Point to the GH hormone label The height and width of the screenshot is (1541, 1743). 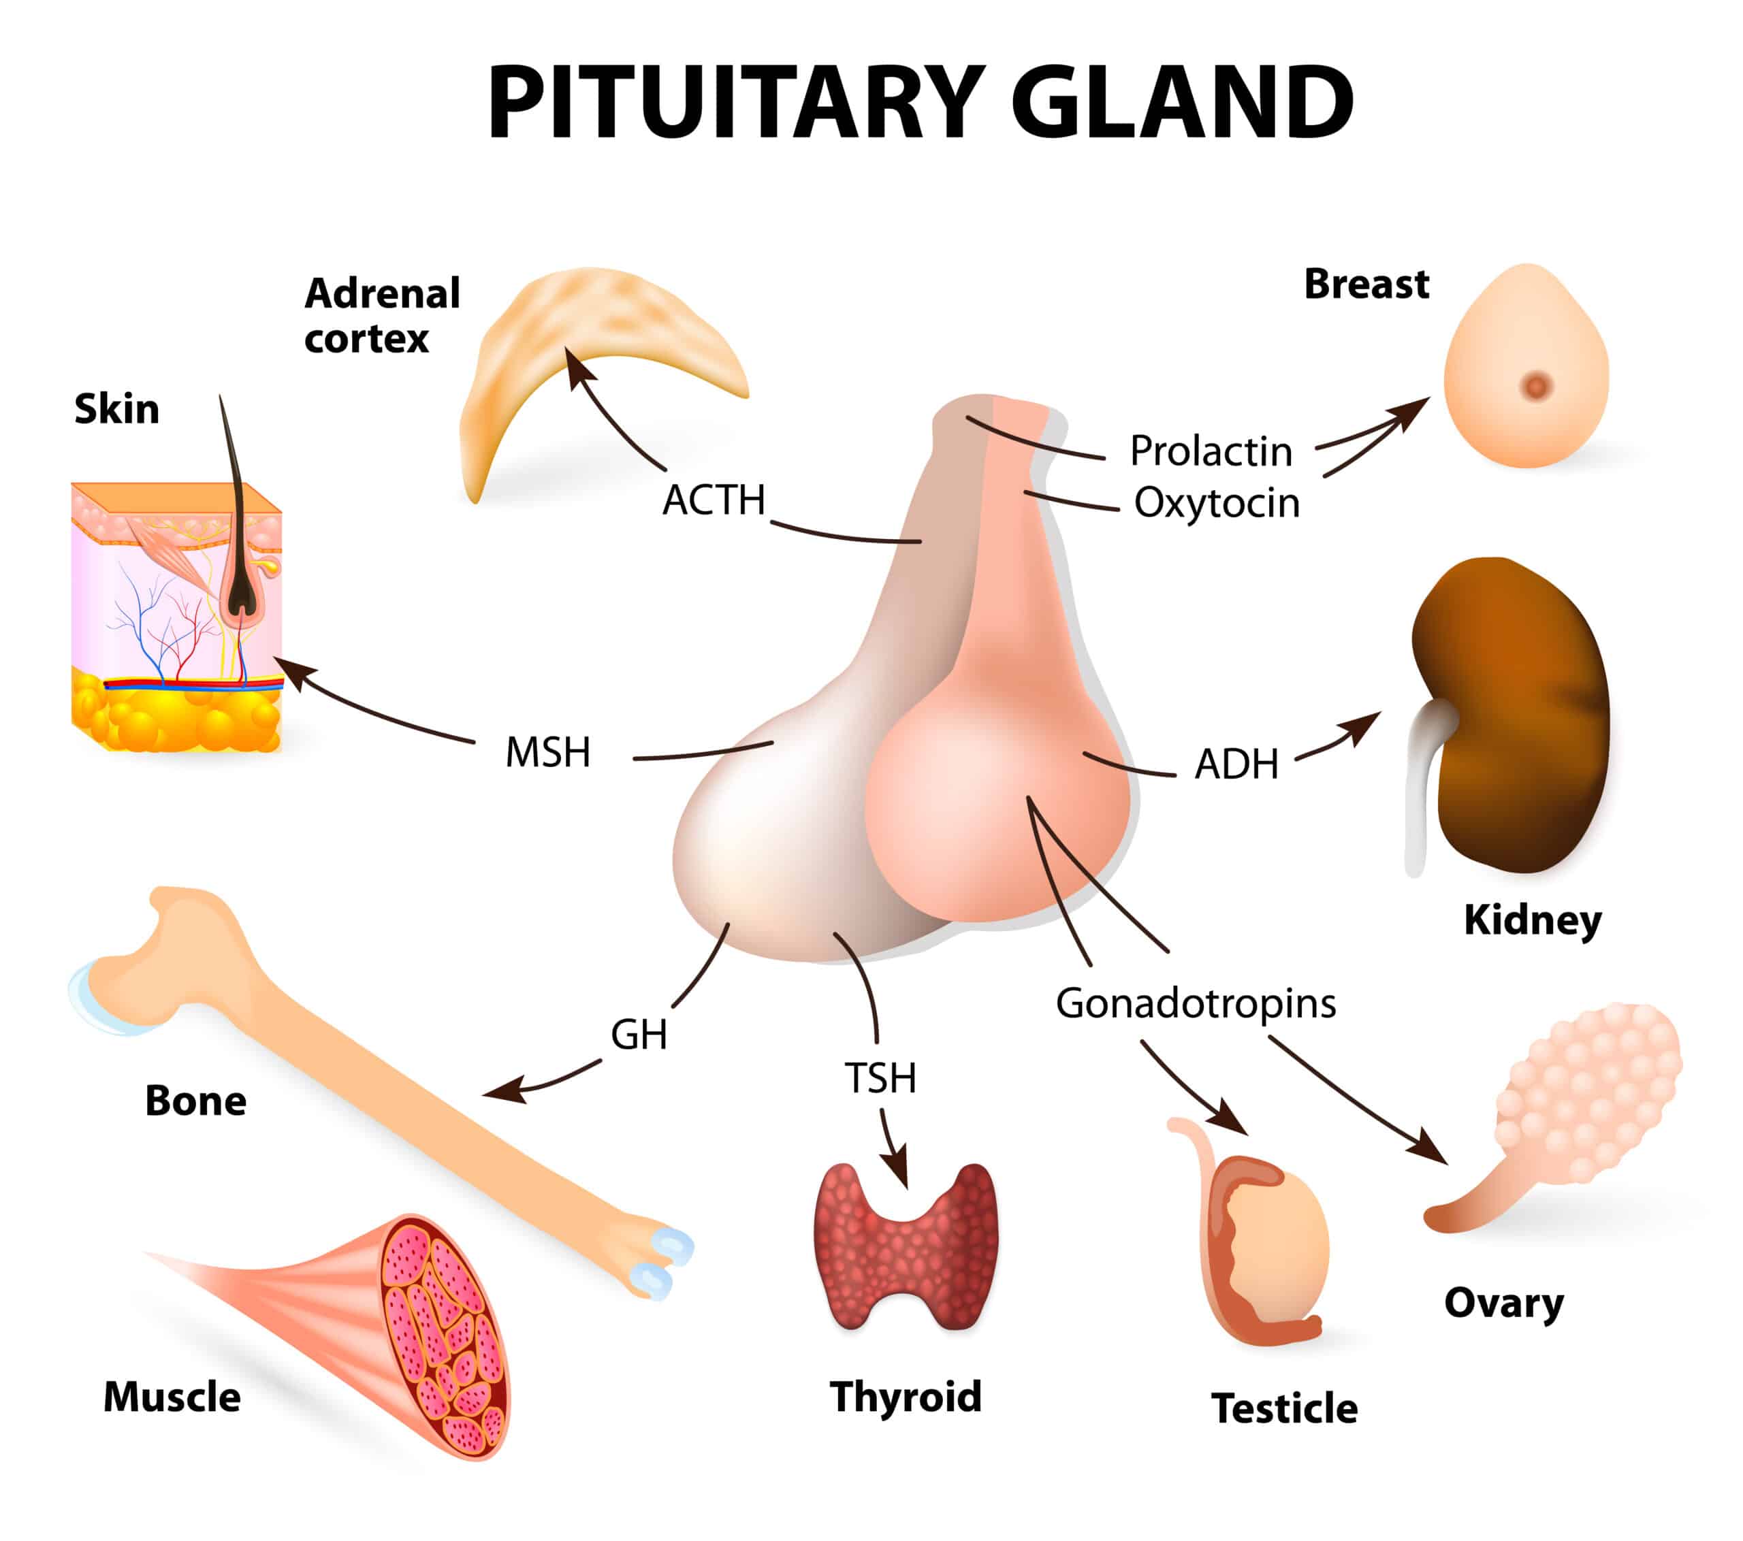click(x=639, y=1035)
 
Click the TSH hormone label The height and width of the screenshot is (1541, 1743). click(x=880, y=1078)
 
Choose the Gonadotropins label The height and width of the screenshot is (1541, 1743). click(x=1196, y=1003)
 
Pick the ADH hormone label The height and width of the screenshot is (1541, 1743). click(x=1236, y=764)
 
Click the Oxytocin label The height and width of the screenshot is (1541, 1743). click(x=1217, y=503)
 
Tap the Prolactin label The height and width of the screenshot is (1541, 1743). click(x=1211, y=451)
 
